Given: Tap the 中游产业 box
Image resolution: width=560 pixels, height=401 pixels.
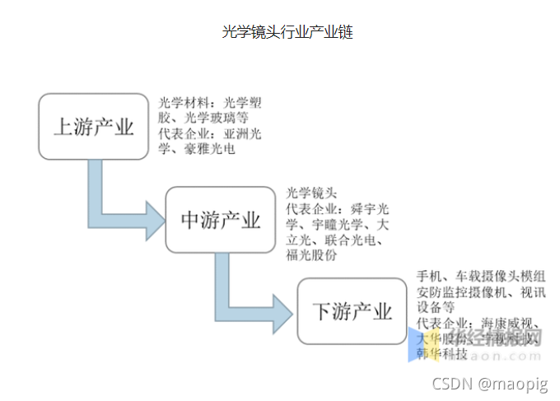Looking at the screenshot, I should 221,220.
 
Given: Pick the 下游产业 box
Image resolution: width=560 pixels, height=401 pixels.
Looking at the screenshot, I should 352,312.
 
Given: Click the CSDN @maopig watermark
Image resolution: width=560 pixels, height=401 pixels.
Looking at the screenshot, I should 491,384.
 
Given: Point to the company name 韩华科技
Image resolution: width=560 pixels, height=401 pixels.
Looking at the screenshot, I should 443,353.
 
